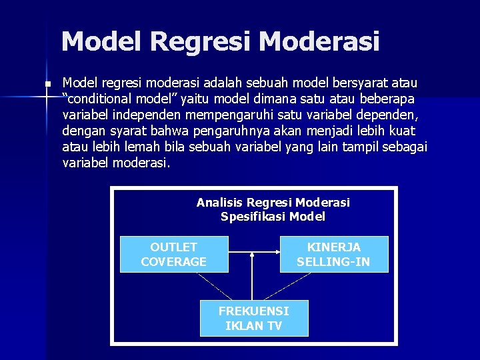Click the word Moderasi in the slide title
click(x=319, y=41)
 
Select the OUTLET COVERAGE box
click(x=173, y=254)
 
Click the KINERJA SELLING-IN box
click(x=333, y=254)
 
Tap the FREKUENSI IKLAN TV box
click(x=254, y=318)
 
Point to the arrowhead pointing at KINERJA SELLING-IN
click(x=276, y=253)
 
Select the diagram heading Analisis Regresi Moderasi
click(x=273, y=202)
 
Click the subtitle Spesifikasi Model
click(x=273, y=216)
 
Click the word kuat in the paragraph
click(x=401, y=131)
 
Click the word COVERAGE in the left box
click(x=173, y=261)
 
